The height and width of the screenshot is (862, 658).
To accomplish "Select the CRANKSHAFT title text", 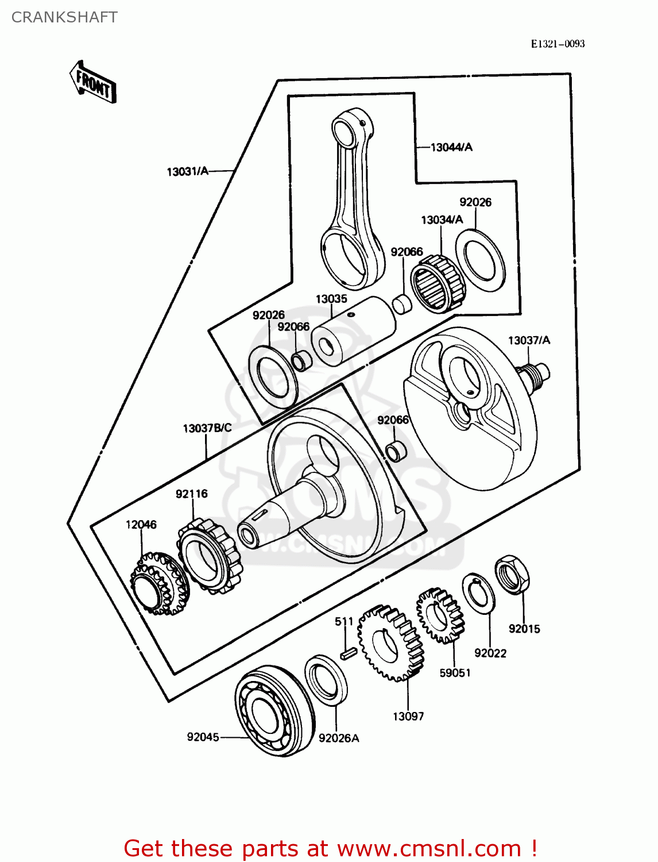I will tap(64, 17).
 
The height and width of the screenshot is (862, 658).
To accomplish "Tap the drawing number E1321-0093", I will tap(557, 44).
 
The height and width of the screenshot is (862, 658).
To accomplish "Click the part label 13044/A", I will tap(451, 148).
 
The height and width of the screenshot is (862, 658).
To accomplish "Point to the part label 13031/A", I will tap(187, 171).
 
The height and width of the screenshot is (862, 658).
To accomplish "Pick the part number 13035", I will tap(331, 299).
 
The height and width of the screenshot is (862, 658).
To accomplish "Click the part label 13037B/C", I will tap(207, 428).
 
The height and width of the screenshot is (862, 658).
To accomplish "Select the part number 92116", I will tap(192, 494).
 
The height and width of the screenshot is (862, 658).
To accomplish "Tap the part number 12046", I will tap(141, 525).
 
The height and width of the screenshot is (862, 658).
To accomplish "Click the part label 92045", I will tap(203, 737).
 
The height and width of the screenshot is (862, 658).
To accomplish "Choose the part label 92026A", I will tap(339, 738).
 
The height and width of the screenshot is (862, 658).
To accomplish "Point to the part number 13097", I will tap(408, 717).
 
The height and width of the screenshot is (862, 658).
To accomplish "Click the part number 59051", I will tap(455, 673).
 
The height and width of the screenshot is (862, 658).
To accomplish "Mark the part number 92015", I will tap(524, 629).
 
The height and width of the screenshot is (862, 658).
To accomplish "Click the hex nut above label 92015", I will tap(512, 575).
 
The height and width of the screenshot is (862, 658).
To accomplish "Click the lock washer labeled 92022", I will tap(479, 592).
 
